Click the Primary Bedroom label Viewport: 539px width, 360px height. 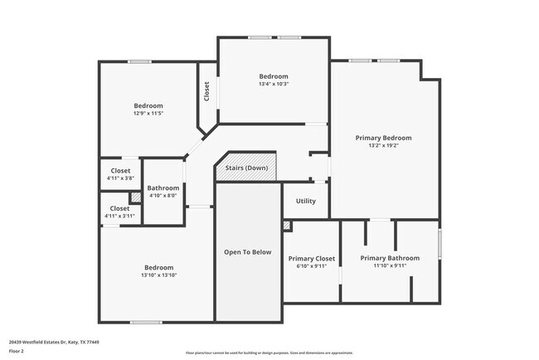click(383, 138)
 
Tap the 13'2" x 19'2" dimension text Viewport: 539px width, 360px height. click(383, 146)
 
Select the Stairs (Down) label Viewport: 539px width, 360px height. click(246, 168)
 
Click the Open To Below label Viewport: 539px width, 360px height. click(248, 252)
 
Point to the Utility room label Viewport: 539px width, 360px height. click(306, 201)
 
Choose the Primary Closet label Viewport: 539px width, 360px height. click(311, 259)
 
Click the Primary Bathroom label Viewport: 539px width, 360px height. click(390, 258)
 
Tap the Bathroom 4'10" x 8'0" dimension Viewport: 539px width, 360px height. click(163, 196)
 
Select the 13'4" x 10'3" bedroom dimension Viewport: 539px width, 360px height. click(274, 84)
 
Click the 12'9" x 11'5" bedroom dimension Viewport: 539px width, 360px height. click(148, 114)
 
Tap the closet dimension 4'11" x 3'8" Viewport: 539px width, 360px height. click(120, 178)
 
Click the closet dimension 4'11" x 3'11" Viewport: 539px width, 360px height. click(120, 216)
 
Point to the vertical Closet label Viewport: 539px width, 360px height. click(206, 90)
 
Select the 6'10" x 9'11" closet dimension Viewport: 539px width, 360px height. click(311, 266)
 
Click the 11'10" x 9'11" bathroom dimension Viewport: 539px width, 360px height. click(390, 266)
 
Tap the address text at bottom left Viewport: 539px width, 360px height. click(49, 340)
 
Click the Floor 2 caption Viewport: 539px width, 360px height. click(17, 351)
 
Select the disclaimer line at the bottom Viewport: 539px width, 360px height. click(269, 352)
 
